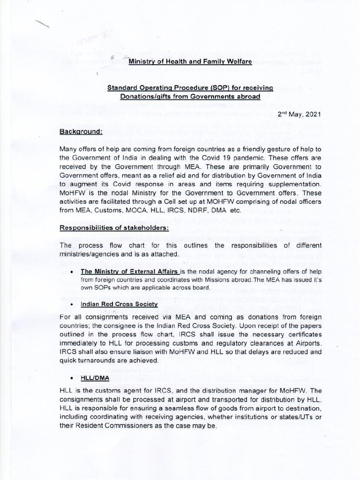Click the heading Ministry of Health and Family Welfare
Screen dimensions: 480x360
190,61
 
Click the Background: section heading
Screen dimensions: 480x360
81,132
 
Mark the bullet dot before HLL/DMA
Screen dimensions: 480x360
70,379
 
